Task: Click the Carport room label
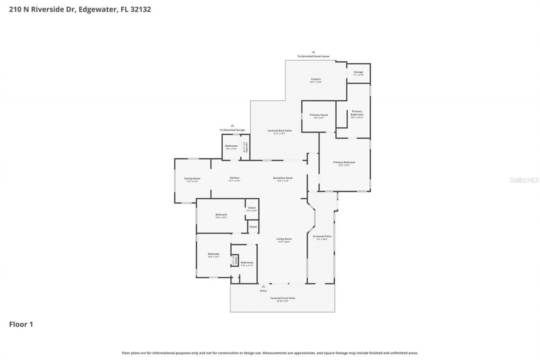(316, 79)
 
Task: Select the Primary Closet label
(319, 115)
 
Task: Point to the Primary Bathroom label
(357, 113)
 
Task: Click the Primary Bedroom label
(344, 162)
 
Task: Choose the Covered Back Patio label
(279, 131)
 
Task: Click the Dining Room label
(192, 179)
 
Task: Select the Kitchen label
(234, 178)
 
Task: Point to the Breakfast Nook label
(282, 178)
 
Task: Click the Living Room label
(284, 239)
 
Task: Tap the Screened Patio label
(322, 236)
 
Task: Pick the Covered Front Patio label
(283, 298)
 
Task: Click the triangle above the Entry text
(263, 287)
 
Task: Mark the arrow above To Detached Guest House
(313, 52)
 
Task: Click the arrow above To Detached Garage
(232, 125)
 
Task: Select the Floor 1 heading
(21, 325)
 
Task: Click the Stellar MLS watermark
(524, 180)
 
